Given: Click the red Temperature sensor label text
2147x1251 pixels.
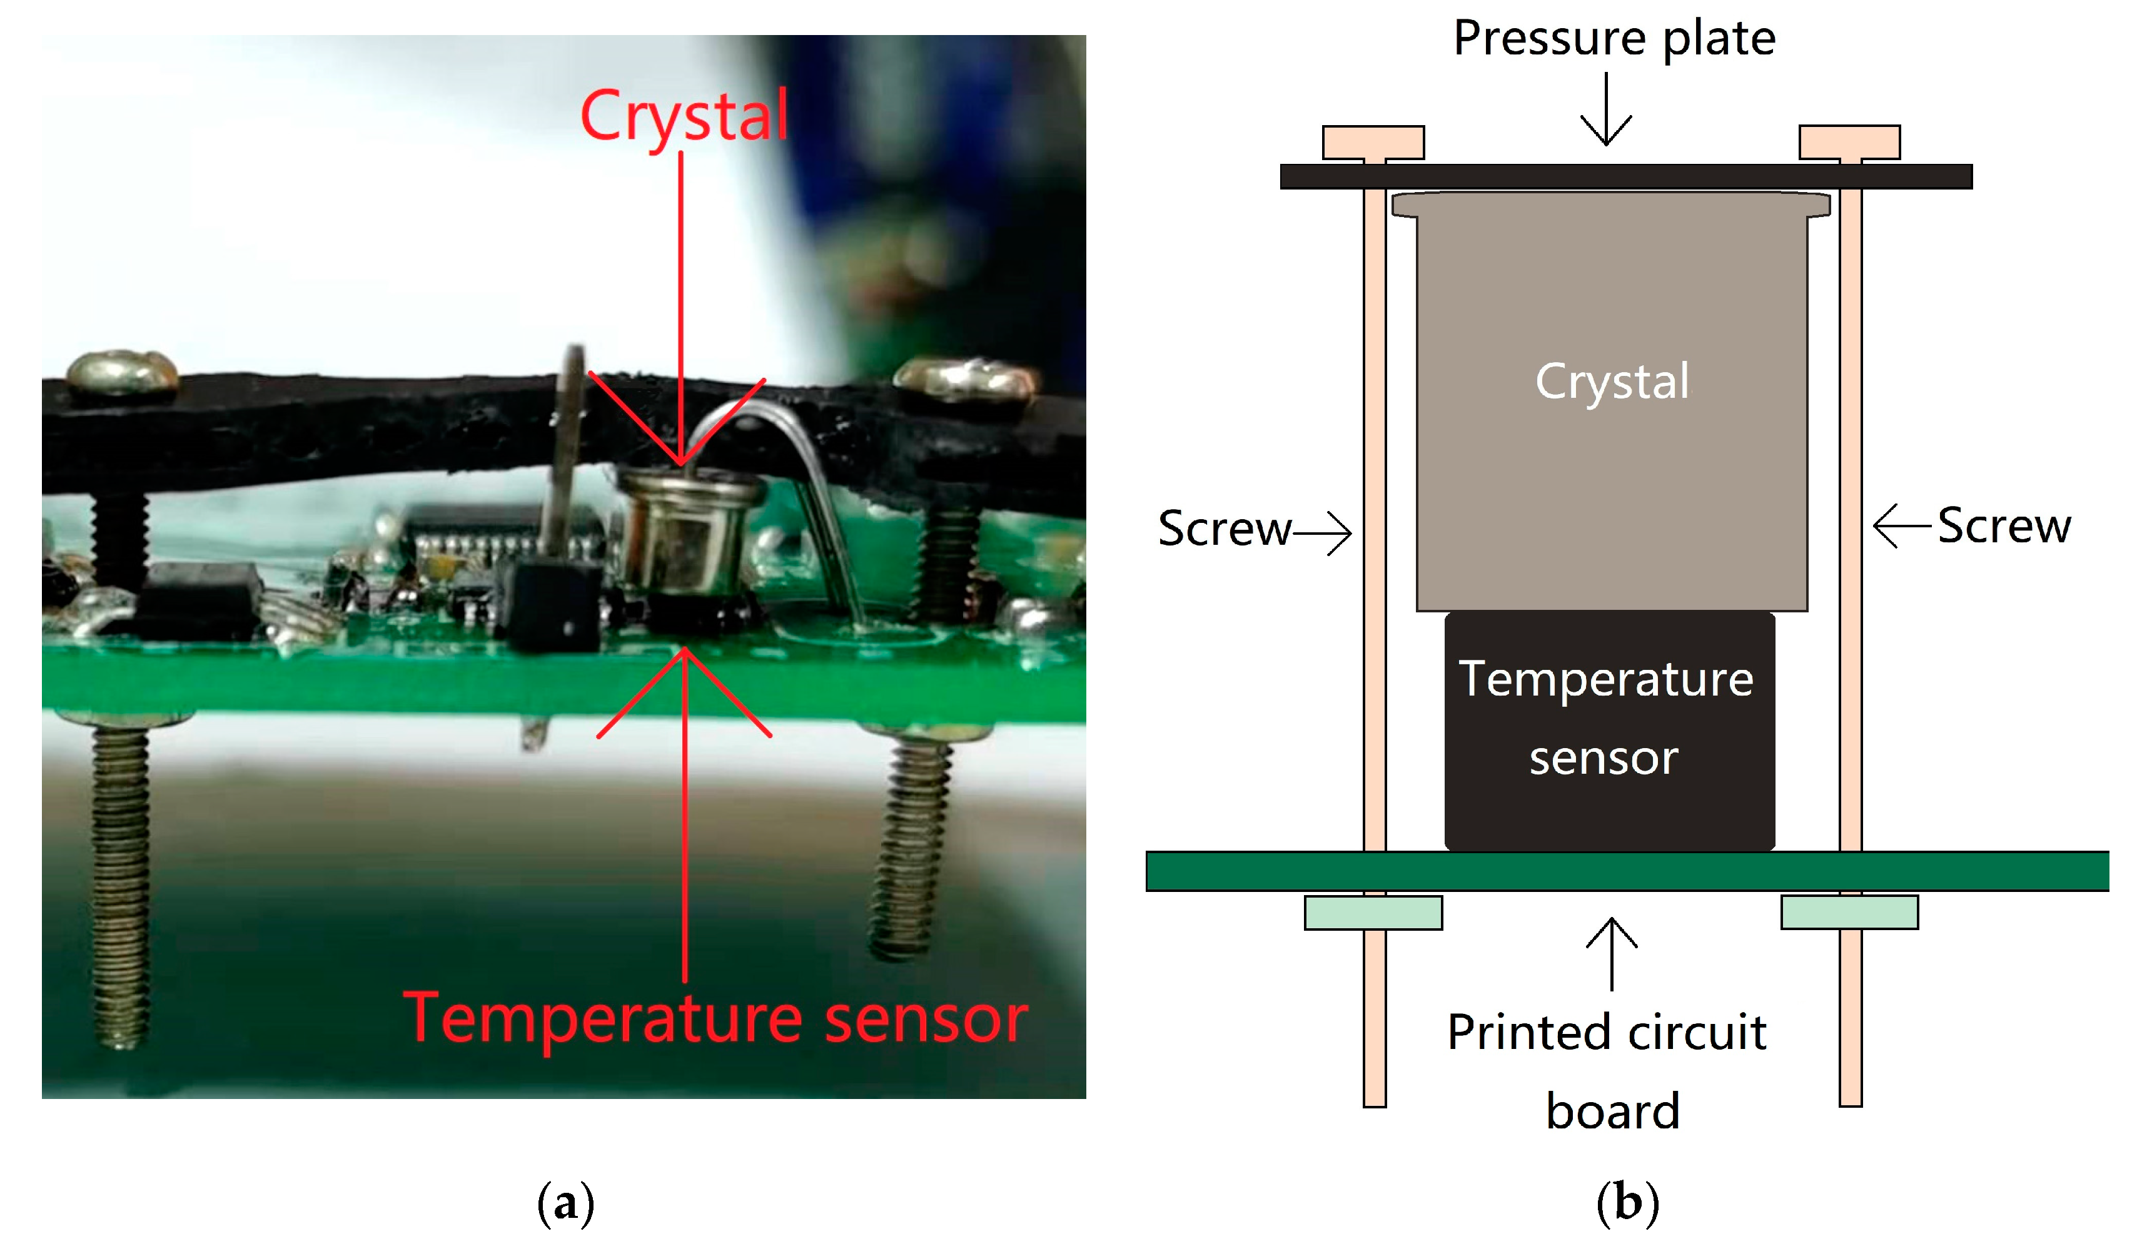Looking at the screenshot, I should [x=715, y=1018].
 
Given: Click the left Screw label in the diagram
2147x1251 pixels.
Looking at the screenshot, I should [x=1225, y=529].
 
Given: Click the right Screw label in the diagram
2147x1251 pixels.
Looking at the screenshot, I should [x=2004, y=526].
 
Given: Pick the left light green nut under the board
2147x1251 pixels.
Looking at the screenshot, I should [x=1373, y=913].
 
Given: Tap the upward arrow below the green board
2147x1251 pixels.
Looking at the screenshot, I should [x=1612, y=955].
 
